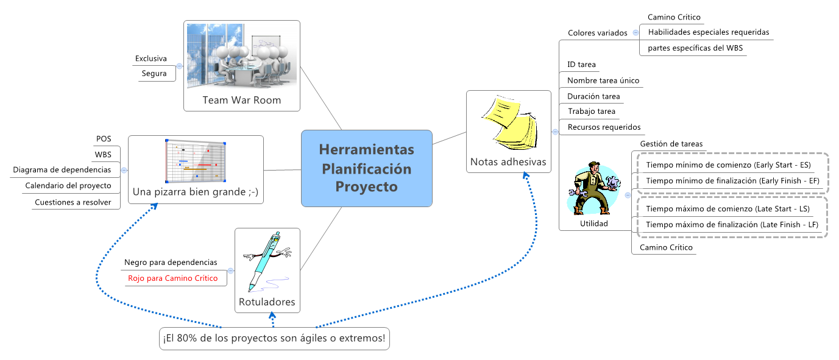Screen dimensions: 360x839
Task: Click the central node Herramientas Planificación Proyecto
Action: (366, 168)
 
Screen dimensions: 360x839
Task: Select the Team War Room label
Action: (242, 100)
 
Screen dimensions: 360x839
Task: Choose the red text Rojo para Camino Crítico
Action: (172, 278)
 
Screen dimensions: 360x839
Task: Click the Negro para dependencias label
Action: (171, 263)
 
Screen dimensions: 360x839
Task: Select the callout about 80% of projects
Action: (274, 338)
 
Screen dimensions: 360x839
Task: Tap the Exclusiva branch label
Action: (150, 58)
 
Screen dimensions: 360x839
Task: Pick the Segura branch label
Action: (154, 74)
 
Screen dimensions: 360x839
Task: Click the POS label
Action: (104, 139)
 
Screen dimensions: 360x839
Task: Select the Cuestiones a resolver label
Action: (73, 202)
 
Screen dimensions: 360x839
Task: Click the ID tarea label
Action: (581, 65)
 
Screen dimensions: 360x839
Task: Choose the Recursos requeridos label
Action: (604, 127)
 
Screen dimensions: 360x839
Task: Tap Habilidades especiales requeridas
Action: (709, 32)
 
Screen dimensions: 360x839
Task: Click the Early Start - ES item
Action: (728, 165)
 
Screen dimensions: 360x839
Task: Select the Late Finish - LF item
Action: (731, 225)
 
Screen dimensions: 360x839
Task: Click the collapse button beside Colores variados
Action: (635, 33)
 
